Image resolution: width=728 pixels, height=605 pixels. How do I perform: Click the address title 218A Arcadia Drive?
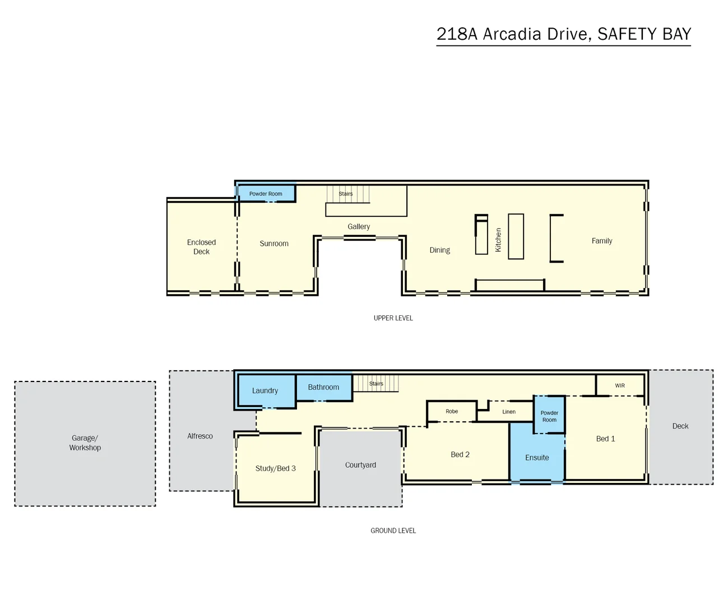(x=563, y=34)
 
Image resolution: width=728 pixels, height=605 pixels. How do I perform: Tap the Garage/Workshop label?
(x=85, y=443)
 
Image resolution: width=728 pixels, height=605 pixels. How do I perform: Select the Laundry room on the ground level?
(x=265, y=390)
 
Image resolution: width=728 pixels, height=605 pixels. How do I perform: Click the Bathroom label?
(x=323, y=387)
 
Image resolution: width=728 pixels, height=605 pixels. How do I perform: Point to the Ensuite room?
(x=537, y=458)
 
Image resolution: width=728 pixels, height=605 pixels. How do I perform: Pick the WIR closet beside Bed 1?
(x=620, y=385)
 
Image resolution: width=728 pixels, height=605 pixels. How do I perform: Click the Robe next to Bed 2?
(x=452, y=411)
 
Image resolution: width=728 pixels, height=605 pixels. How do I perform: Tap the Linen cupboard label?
(x=509, y=412)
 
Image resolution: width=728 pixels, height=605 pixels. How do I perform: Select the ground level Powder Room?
(x=549, y=416)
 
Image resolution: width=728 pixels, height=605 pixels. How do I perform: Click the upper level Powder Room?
(x=266, y=194)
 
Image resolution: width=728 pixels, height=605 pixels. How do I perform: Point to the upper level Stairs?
(x=346, y=194)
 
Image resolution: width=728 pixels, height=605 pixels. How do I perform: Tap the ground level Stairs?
(x=376, y=384)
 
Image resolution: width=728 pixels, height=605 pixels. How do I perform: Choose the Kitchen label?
(x=498, y=240)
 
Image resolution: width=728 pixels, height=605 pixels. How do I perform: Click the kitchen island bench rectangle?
(x=516, y=236)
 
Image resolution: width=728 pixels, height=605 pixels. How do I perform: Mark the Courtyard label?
(x=360, y=465)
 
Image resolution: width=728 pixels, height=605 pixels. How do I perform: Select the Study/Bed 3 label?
(x=275, y=468)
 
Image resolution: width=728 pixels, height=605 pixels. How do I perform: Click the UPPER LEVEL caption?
(x=393, y=318)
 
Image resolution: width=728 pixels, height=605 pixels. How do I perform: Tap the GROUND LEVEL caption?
(x=393, y=530)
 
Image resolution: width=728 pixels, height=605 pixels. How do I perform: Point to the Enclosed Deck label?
(x=201, y=247)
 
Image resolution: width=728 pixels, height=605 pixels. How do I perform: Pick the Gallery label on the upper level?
(x=359, y=226)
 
